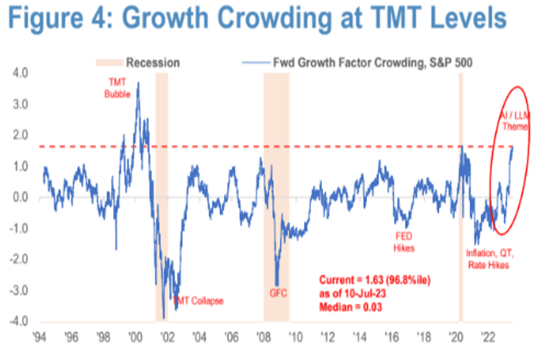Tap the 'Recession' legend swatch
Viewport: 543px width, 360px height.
(x=110, y=62)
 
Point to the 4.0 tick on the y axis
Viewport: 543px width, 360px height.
(x=19, y=73)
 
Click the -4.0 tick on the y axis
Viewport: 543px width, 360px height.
(x=18, y=321)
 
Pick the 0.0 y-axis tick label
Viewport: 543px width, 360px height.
(x=19, y=197)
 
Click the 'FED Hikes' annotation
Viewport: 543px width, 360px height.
(x=403, y=244)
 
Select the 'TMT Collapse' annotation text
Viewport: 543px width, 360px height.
(x=197, y=300)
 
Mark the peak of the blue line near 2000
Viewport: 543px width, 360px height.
(x=138, y=83)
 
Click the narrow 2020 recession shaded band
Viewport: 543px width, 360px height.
(x=460, y=194)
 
